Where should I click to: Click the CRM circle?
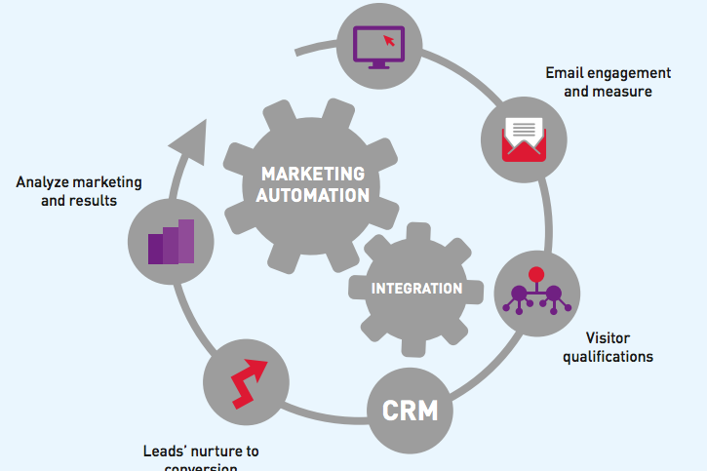[x=410, y=412]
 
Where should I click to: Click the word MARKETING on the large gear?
[x=313, y=174]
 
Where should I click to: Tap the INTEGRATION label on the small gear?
[x=416, y=289]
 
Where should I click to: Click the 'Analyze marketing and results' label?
[x=79, y=191]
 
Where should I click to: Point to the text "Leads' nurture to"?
[x=200, y=451]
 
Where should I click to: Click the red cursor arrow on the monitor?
[x=390, y=40]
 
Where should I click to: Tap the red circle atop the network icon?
[x=533, y=273]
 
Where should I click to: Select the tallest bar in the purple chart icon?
[x=185, y=240]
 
